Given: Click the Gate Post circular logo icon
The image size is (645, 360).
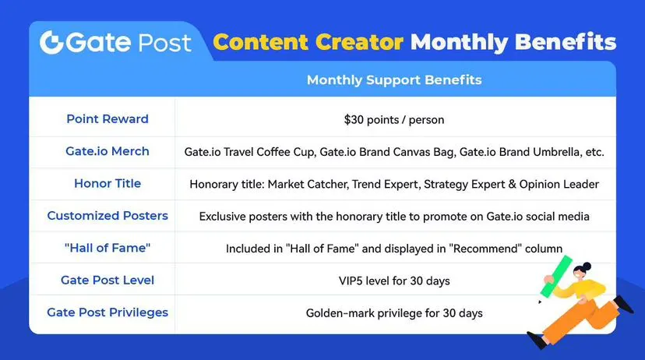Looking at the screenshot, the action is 51,42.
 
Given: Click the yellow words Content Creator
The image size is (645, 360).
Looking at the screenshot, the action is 308,42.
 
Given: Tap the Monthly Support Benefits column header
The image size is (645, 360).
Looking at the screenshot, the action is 394,79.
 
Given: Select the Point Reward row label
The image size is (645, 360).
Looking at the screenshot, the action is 107,119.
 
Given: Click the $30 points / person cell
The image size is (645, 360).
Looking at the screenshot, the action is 394,120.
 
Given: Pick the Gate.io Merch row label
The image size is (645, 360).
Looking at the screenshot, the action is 107,151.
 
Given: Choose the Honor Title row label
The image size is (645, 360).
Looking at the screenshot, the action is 107,183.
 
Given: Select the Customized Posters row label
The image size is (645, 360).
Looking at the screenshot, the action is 107,216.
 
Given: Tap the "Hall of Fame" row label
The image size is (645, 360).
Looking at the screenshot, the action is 107,248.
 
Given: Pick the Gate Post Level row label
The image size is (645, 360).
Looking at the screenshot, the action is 107,281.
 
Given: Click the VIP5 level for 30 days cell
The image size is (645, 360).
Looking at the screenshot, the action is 394,281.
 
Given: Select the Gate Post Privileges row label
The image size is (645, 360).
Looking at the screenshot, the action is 107,312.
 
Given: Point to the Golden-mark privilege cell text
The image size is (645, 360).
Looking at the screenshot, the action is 394,313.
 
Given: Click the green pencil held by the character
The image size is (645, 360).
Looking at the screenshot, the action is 556,277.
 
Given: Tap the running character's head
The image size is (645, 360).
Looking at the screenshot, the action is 582,271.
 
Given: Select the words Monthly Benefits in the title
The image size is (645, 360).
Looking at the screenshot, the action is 513,42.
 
